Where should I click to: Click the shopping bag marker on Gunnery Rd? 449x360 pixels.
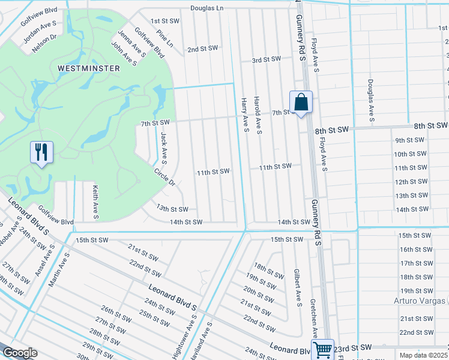(x=301, y=101)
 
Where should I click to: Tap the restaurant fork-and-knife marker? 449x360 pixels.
(x=41, y=152)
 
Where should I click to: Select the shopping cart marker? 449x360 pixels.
(x=322, y=349)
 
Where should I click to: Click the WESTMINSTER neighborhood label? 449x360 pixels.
(x=89, y=68)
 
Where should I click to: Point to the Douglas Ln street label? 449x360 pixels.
(x=206, y=8)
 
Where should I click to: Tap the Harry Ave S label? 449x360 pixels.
(x=244, y=114)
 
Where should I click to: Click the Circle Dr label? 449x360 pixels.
(x=164, y=176)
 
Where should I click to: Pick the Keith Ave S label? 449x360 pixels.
(x=95, y=201)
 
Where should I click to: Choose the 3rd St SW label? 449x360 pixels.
(x=266, y=59)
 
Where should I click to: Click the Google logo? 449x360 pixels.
(x=19, y=353)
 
